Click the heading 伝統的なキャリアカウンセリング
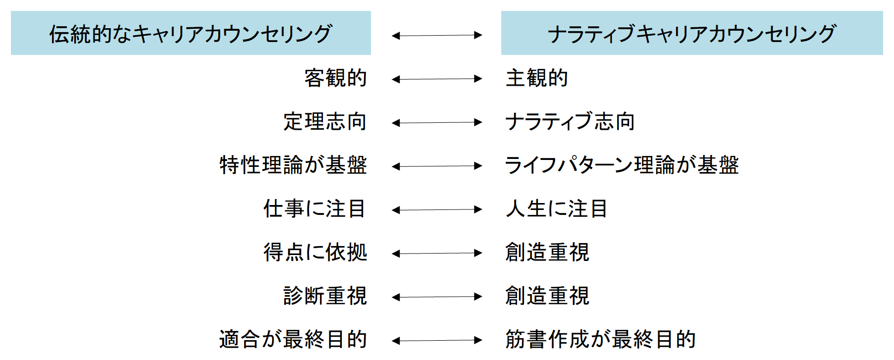[191, 34]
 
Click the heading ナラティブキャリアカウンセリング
[691, 34]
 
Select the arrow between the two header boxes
[436, 35]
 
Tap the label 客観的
[335, 78]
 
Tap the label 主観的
[536, 78]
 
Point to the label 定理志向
[325, 122]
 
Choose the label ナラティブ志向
[570, 122]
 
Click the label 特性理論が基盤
[293, 165]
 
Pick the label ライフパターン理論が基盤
[622, 165]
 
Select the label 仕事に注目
[315, 209]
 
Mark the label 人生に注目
[556, 209]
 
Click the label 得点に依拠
[315, 253]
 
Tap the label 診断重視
[325, 296]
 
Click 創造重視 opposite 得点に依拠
[547, 253]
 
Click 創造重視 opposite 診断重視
[547, 296]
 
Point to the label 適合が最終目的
[293, 340]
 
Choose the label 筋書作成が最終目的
[600, 340]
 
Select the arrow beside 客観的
[436, 79]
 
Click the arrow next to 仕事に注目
[436, 209]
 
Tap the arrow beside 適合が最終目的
[436, 340]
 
